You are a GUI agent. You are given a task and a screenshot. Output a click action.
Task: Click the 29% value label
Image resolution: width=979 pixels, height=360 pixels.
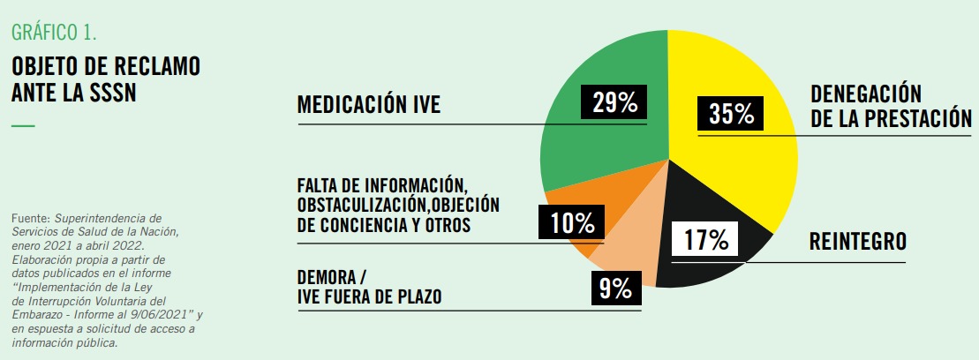pos(614,103)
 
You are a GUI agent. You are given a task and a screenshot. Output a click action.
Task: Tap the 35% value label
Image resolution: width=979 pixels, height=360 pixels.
pos(731,115)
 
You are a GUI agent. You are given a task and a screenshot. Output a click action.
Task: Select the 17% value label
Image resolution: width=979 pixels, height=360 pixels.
pos(706,239)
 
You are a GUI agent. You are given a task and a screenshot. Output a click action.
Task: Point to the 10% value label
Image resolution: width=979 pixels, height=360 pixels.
pos(572,222)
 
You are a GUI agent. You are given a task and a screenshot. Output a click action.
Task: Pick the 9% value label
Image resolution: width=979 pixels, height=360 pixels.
pos(615,288)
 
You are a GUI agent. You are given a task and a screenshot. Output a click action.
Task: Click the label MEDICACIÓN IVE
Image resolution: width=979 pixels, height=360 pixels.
pos(369,106)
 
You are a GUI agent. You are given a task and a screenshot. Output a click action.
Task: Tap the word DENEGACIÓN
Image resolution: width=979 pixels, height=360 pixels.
pos(866,94)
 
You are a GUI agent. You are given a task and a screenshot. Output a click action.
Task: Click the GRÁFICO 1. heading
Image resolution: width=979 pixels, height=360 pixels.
pos(54,34)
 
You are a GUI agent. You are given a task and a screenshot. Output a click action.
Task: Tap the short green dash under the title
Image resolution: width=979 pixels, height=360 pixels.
pos(23,126)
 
